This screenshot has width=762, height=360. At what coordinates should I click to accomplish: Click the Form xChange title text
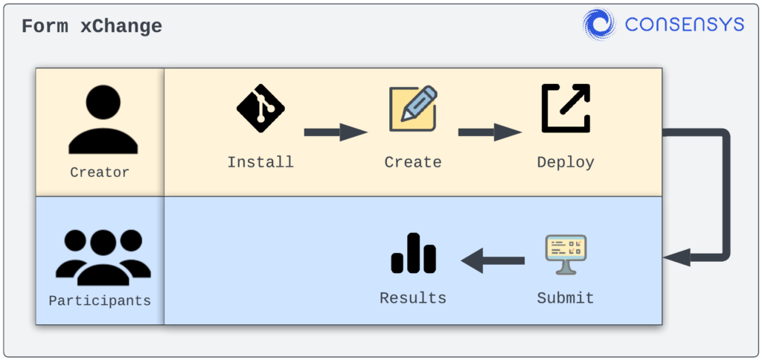[x=92, y=27]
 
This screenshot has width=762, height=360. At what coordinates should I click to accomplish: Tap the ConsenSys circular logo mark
[x=599, y=25]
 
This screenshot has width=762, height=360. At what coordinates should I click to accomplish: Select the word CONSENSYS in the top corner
[x=684, y=25]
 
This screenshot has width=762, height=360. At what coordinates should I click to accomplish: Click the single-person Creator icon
[x=103, y=120]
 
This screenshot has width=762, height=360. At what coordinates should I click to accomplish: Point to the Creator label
[x=100, y=172]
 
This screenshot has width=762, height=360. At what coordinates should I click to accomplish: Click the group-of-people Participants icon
[x=103, y=257]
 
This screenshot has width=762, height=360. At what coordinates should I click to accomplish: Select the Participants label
[x=100, y=300]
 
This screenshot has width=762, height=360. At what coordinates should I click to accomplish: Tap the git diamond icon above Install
[x=260, y=109]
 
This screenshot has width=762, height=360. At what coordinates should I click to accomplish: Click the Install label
[x=260, y=162]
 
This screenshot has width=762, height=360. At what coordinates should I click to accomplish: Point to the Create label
[x=413, y=162]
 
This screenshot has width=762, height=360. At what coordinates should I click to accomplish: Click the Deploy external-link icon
[x=566, y=109]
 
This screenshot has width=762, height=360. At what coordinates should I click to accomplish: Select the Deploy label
[x=566, y=162]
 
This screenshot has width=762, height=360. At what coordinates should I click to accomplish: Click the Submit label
[x=566, y=298]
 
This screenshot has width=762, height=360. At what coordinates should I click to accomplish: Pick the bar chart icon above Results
[x=413, y=254]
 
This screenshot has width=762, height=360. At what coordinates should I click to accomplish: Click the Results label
[x=413, y=298]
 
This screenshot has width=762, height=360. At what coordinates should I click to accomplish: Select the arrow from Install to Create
[x=336, y=132]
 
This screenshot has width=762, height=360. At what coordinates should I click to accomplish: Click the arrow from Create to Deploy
[x=489, y=132]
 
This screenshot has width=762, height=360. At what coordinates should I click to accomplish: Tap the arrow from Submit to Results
[x=493, y=260]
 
